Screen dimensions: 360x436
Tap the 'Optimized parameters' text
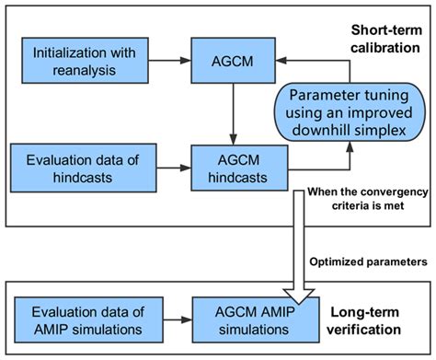(x=376, y=261)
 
